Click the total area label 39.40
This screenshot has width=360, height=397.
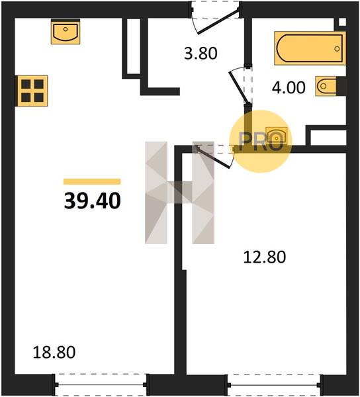(x=93, y=200)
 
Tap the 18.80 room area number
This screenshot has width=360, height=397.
(x=54, y=352)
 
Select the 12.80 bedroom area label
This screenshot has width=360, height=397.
(x=265, y=257)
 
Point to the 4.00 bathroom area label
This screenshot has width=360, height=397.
(x=289, y=88)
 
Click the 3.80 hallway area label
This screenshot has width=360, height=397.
(x=201, y=54)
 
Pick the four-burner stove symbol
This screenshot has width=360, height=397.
(x=32, y=91)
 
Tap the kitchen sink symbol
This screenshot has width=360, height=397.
(x=66, y=32)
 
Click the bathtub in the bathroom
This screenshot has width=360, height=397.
(x=310, y=48)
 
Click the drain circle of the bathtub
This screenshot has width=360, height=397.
(x=337, y=48)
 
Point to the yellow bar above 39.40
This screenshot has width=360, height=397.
(x=92, y=181)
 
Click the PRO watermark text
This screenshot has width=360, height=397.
(x=261, y=142)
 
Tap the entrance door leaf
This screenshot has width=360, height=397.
(x=218, y=21)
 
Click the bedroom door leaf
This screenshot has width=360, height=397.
(x=213, y=157)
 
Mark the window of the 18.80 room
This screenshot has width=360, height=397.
(x=101, y=385)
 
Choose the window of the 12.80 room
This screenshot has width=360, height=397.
(x=275, y=385)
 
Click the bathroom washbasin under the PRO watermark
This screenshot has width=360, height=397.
(x=277, y=137)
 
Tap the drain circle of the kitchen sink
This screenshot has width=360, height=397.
(x=66, y=29)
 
